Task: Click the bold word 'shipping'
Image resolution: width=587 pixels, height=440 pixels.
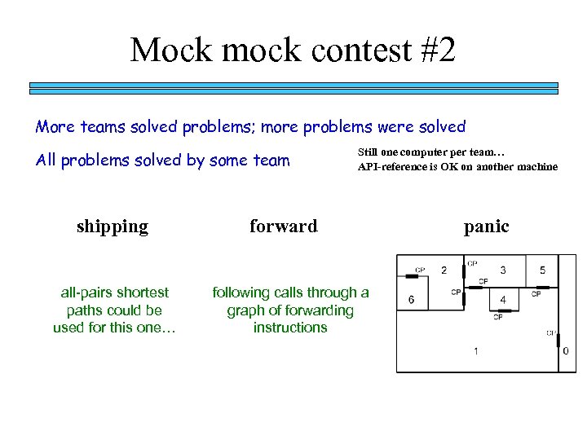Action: click(113, 227)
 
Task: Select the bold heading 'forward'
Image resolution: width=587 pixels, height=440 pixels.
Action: click(284, 227)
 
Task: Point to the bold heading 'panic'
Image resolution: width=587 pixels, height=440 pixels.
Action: click(487, 227)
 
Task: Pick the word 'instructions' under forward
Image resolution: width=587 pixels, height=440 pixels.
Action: click(290, 328)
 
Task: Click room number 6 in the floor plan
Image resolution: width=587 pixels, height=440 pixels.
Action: click(411, 300)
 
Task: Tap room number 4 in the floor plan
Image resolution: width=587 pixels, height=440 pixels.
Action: click(503, 300)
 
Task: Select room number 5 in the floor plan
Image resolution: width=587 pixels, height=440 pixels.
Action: click(543, 271)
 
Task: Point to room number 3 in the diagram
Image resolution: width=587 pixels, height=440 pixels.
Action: click(503, 271)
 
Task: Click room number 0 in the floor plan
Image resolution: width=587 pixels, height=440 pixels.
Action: click(566, 351)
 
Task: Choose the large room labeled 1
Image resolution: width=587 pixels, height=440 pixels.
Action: click(476, 351)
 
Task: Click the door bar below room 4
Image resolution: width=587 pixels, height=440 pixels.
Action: click(499, 310)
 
